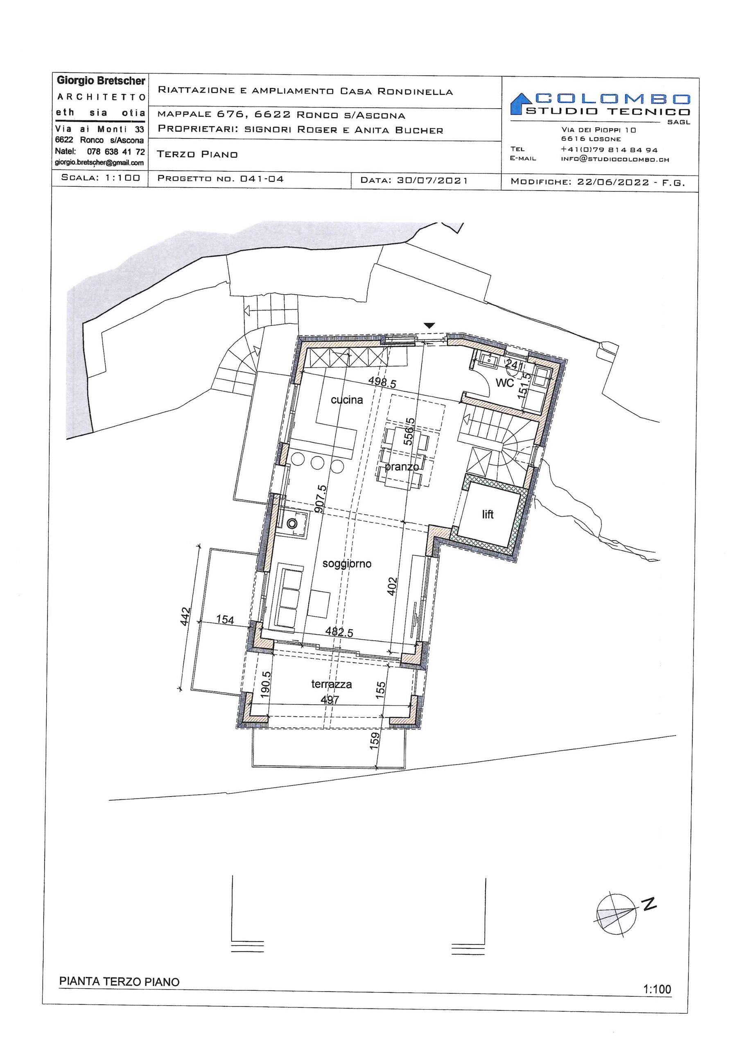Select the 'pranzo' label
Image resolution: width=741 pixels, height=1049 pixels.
click(401, 467)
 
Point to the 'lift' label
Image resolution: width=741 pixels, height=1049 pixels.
click(488, 514)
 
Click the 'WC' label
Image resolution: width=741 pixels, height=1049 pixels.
click(504, 383)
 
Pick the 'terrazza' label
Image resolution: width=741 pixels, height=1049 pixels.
click(332, 684)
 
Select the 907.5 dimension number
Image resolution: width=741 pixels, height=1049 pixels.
click(321, 499)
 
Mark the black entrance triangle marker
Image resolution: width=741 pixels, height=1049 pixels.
click(429, 326)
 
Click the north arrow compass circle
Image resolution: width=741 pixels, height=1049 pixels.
click(616, 912)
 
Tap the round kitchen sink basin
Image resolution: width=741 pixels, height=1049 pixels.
click(292, 524)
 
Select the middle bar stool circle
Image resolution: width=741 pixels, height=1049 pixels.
click(318, 463)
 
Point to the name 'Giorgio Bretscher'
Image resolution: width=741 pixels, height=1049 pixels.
click(101, 81)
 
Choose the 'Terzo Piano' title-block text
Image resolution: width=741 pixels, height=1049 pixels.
click(197, 154)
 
